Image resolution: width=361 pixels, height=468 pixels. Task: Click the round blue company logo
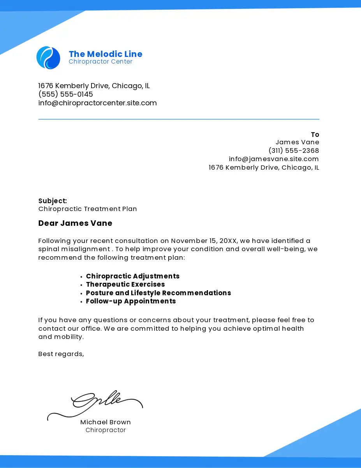pyautogui.click(x=48, y=58)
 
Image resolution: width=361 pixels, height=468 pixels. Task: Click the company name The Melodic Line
pyautogui.click(x=106, y=54)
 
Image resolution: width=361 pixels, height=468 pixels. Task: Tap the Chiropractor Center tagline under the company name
pyautogui.click(x=100, y=62)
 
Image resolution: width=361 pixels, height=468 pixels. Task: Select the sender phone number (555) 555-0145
pyautogui.click(x=65, y=94)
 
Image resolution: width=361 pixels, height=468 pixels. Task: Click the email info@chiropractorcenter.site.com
pyautogui.click(x=97, y=103)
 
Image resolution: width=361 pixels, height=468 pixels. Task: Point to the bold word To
pyautogui.click(x=315, y=135)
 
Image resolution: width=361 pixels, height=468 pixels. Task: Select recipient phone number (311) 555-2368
pyautogui.click(x=294, y=151)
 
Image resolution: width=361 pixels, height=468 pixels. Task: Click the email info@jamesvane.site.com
pyautogui.click(x=274, y=159)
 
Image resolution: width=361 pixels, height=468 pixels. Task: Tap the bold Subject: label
pyautogui.click(x=53, y=201)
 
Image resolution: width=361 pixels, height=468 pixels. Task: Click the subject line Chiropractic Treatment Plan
pyautogui.click(x=88, y=209)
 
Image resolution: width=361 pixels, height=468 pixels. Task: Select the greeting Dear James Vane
pyautogui.click(x=75, y=223)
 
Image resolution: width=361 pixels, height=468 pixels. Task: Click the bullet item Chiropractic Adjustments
pyautogui.click(x=133, y=276)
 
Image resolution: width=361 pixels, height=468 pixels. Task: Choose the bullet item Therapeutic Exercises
pyautogui.click(x=125, y=285)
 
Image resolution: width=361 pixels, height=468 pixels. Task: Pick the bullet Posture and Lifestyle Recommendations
pyautogui.click(x=158, y=293)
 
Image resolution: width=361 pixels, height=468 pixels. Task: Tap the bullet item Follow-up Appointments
pyautogui.click(x=131, y=301)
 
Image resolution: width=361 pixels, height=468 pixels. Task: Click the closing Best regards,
pyautogui.click(x=61, y=354)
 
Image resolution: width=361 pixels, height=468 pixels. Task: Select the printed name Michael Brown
pyautogui.click(x=106, y=422)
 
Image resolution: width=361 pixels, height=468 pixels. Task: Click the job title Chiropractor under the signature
pyautogui.click(x=106, y=430)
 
